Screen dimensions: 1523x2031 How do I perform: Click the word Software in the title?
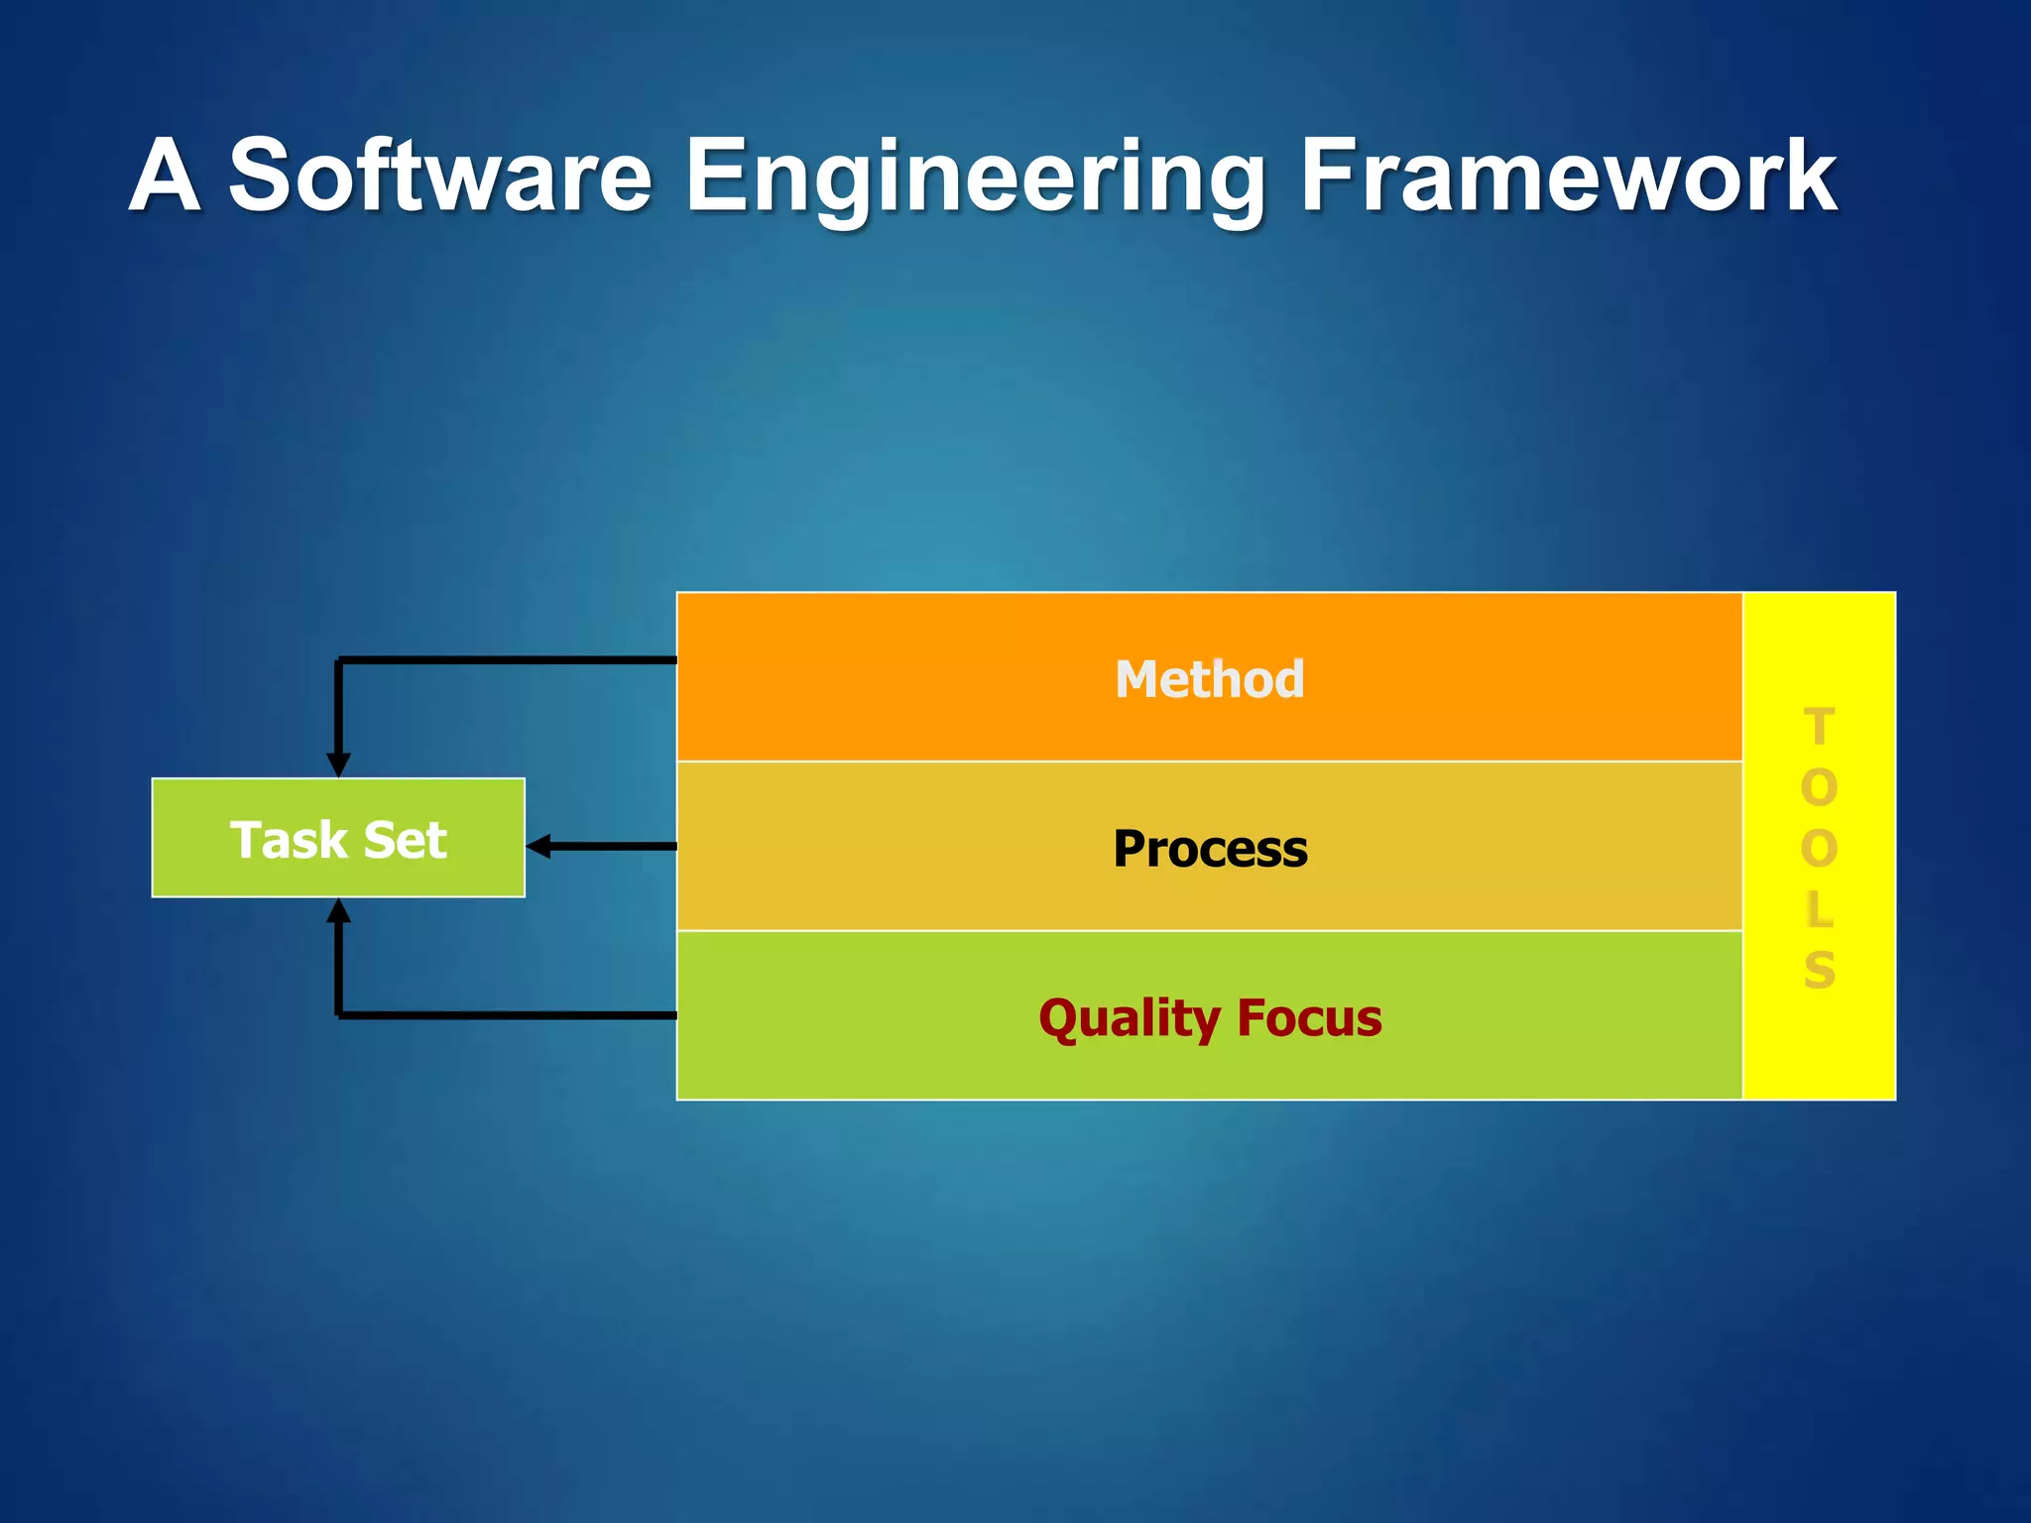(440, 176)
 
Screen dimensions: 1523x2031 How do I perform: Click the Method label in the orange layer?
(1209, 679)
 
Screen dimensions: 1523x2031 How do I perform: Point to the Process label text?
(1209, 849)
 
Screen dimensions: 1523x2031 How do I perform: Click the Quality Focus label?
(1209, 1018)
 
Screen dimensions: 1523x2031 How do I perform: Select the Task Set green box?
(338, 838)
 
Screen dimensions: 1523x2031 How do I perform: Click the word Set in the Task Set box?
(405, 840)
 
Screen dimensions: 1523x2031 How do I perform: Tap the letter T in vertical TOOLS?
(1819, 727)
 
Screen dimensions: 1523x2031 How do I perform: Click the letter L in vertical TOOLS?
(1819, 908)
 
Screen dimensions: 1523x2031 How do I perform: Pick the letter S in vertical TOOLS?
(1819, 969)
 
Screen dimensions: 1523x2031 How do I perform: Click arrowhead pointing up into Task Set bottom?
(338, 910)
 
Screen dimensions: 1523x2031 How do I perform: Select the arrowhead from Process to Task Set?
(538, 846)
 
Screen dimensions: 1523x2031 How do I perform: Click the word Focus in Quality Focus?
(1308, 1018)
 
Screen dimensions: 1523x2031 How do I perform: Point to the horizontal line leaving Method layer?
(506, 659)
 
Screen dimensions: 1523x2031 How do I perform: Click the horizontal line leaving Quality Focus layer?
(506, 1015)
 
